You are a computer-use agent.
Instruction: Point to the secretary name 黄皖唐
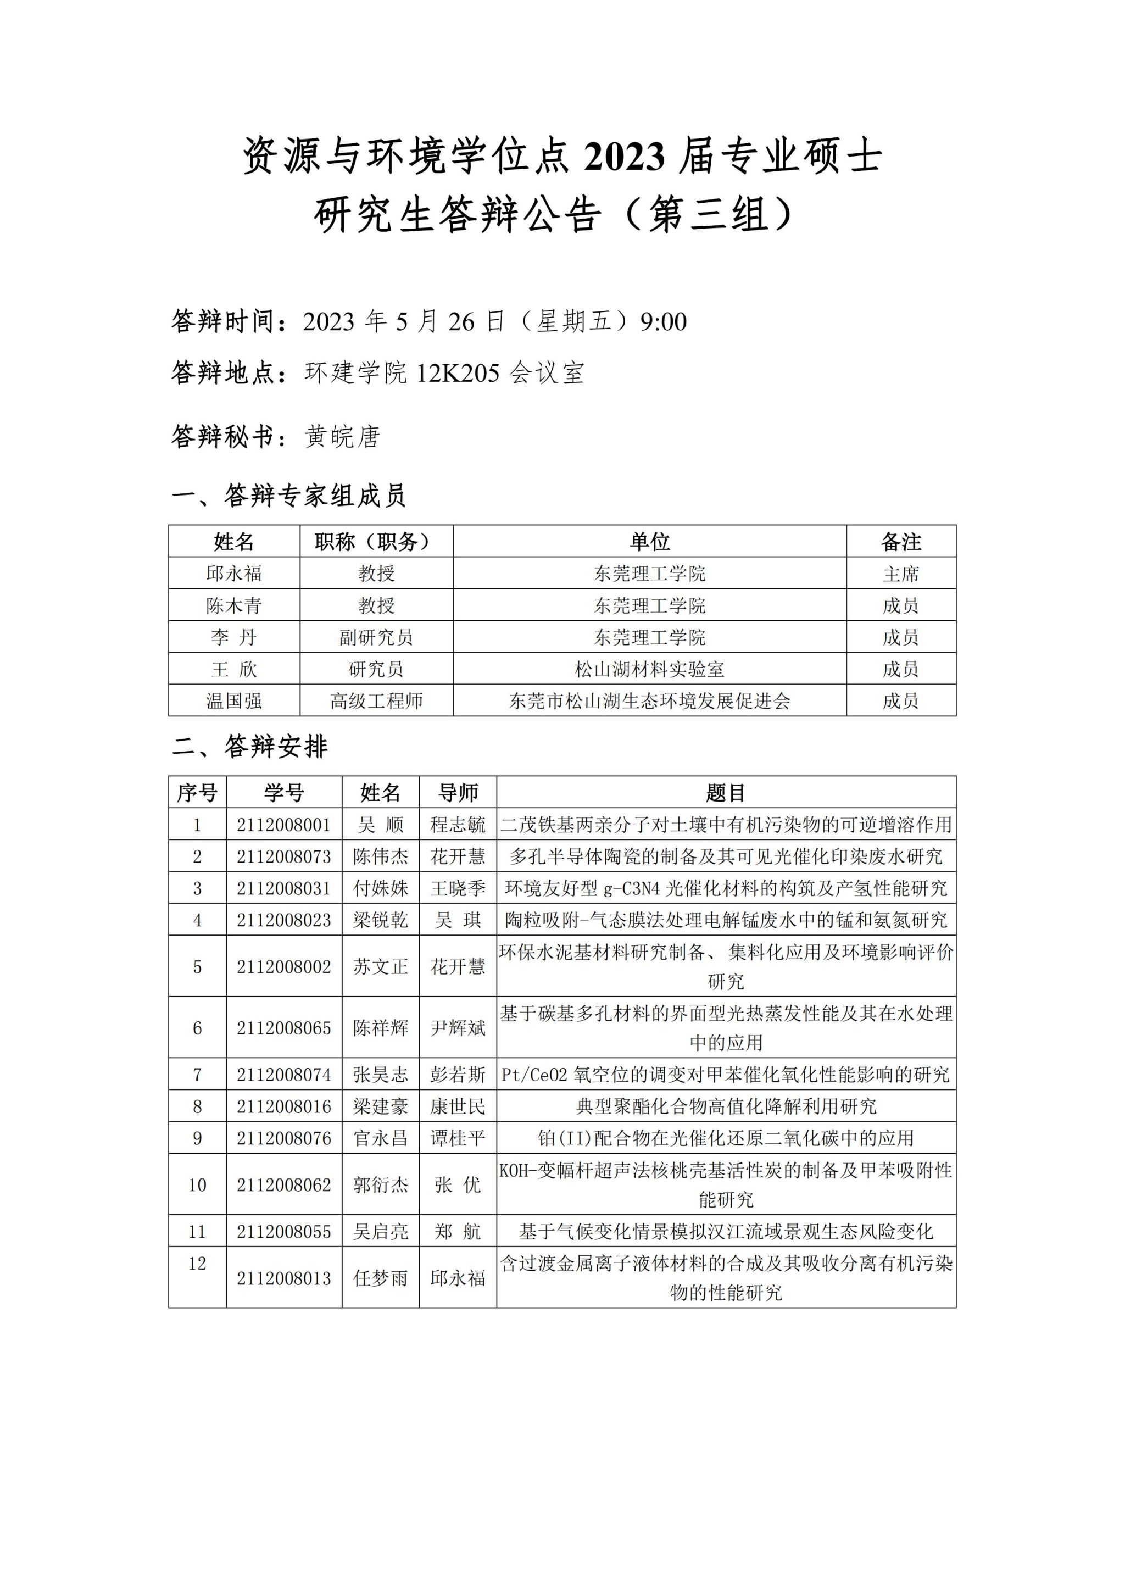pyautogui.click(x=342, y=437)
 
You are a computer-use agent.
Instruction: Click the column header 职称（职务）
pyautogui.click(x=376, y=541)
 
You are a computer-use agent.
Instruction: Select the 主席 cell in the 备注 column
pyautogui.click(x=900, y=574)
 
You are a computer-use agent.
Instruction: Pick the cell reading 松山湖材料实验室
pyautogui.click(x=649, y=669)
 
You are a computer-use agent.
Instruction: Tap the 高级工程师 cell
pyautogui.click(x=376, y=701)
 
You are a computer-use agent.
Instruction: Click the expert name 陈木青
pyautogui.click(x=234, y=605)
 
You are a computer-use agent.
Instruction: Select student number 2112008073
pyautogui.click(x=284, y=856)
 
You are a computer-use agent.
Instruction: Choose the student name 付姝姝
pyautogui.click(x=380, y=888)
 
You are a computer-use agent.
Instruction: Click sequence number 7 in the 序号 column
pyautogui.click(x=197, y=1075)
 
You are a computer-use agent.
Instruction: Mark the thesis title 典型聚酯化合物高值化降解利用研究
pyautogui.click(x=726, y=1106)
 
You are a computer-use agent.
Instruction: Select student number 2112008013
pyautogui.click(x=284, y=1278)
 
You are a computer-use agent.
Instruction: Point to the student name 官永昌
pyautogui.click(x=380, y=1138)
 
